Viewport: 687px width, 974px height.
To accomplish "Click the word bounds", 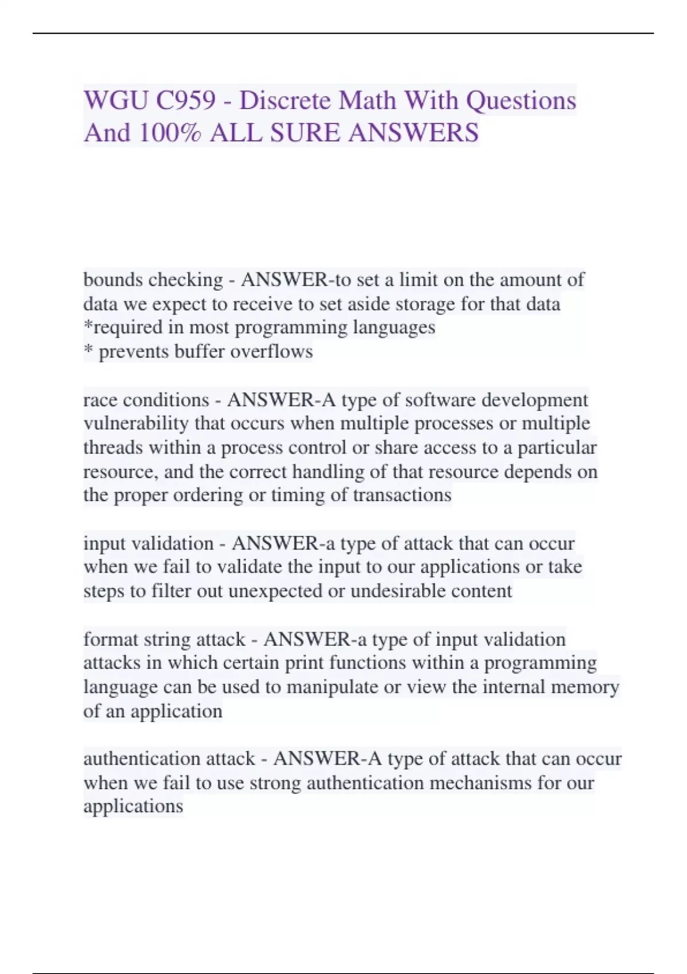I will (x=113, y=280).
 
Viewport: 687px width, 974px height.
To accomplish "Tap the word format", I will (x=110, y=639).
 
